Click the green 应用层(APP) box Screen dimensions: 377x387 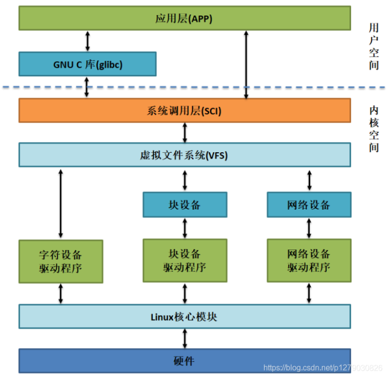[184, 19]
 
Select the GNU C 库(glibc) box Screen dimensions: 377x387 [87, 64]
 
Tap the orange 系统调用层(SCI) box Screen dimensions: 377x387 [184, 110]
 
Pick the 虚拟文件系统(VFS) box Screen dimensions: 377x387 [184, 155]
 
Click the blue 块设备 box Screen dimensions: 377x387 [184, 205]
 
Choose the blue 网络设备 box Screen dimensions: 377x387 [309, 205]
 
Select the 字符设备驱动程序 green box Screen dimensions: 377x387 [60, 261]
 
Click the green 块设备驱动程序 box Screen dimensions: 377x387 [184, 261]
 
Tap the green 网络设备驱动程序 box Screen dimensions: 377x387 [309, 261]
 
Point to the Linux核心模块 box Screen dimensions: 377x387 [184, 316]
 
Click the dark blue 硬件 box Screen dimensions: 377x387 [184, 360]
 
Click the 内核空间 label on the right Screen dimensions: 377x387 [374, 128]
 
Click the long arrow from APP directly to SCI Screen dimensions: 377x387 [246, 65]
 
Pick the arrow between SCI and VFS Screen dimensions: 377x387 [185, 132]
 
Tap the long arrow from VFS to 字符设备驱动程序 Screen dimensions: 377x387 [61, 203]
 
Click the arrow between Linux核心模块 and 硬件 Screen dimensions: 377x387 [185, 338]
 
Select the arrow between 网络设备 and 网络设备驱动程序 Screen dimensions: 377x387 [309, 229]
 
